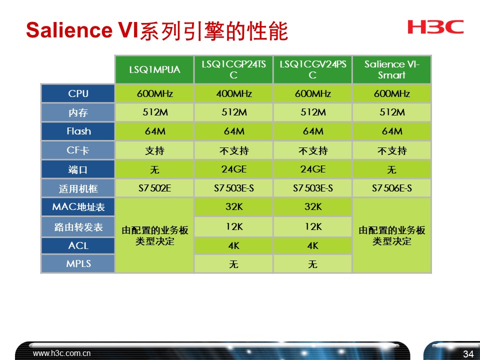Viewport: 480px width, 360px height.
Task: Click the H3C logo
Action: pyautogui.click(x=435, y=27)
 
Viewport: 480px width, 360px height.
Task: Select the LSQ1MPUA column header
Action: pyautogui.click(x=154, y=70)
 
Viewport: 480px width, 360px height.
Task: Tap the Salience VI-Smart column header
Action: pyautogui.click(x=391, y=70)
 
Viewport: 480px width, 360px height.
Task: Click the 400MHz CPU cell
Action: pyautogui.click(x=233, y=93)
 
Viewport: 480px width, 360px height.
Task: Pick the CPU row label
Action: pyautogui.click(x=78, y=93)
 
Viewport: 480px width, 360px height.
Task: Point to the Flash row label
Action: pyautogui.click(x=78, y=131)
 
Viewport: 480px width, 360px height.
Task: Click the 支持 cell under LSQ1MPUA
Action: pyautogui.click(x=154, y=150)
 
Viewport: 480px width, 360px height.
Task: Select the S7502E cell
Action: pyautogui.click(x=154, y=188)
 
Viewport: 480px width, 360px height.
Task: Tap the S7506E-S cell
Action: pyautogui.click(x=391, y=188)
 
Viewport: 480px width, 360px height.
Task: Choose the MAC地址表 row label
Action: pyautogui.click(x=78, y=207)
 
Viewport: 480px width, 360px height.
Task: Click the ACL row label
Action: pyautogui.click(x=78, y=245)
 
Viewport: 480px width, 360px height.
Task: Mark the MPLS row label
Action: pyautogui.click(x=78, y=263)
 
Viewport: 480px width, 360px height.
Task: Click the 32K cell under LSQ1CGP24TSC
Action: pyautogui.click(x=233, y=207)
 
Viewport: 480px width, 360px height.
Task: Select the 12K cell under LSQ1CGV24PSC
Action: pyautogui.click(x=312, y=226)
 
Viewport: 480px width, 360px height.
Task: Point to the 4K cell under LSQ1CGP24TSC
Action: pyautogui.click(x=233, y=246)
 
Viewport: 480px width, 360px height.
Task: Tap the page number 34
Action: pyautogui.click(x=468, y=354)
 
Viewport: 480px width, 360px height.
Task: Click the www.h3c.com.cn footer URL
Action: pyautogui.click(x=62, y=353)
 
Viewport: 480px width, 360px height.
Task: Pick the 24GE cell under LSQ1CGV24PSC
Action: pyautogui.click(x=312, y=169)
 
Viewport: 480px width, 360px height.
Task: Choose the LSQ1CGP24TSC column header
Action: pyautogui.click(x=233, y=70)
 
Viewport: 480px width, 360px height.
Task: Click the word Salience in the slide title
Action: pyautogui.click(x=69, y=31)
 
